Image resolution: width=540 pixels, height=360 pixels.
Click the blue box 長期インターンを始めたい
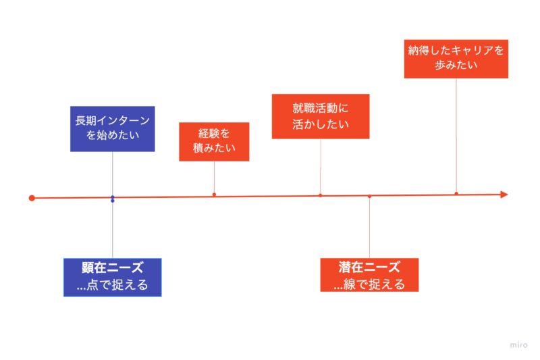(x=113, y=128)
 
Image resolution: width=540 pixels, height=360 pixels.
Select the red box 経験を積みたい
(x=214, y=142)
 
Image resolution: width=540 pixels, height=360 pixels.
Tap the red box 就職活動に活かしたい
(x=321, y=116)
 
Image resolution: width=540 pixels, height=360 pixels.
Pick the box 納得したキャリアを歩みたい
(x=456, y=58)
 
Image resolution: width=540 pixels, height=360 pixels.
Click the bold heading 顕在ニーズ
(x=113, y=267)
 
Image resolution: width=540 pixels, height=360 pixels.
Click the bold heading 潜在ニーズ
(x=369, y=267)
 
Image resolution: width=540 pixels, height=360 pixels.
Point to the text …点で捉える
(x=113, y=285)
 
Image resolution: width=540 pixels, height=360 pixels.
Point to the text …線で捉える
(x=370, y=284)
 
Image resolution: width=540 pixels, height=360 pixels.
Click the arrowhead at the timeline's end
(x=503, y=195)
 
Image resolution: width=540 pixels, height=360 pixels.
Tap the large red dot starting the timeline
(x=32, y=198)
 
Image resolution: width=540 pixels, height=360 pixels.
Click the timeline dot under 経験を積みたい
(x=214, y=195)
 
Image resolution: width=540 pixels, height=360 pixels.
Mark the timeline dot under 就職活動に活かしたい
(x=320, y=195)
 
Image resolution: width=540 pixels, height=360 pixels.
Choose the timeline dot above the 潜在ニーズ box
(x=369, y=196)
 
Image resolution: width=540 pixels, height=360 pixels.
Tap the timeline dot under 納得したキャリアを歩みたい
(x=456, y=194)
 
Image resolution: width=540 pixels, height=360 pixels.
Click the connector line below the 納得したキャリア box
(x=456, y=135)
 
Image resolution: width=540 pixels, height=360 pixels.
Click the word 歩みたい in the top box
(x=456, y=66)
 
